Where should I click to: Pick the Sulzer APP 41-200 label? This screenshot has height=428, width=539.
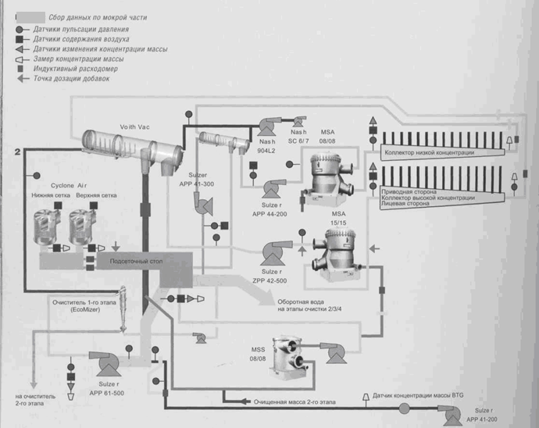tap(483, 414)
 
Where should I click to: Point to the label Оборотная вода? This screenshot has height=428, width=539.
tap(298, 302)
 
